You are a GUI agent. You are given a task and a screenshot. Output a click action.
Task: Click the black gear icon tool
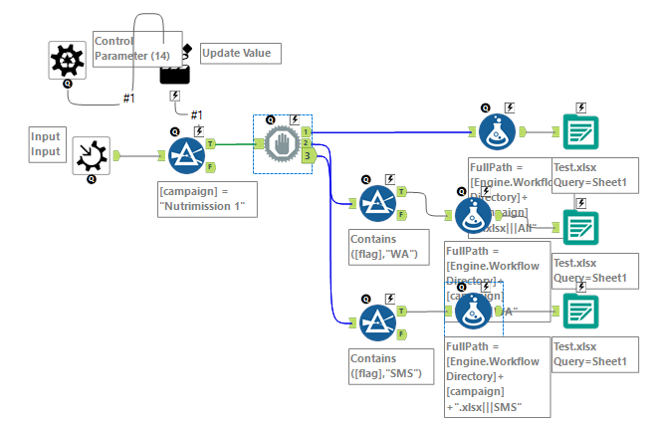coord(67,61)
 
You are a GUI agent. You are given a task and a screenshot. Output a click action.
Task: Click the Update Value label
coord(241,53)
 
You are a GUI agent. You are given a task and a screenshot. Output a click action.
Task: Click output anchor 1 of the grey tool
coord(307,130)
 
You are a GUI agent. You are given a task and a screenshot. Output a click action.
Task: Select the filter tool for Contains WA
coord(378,205)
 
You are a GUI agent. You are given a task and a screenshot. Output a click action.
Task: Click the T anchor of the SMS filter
coord(401,309)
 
